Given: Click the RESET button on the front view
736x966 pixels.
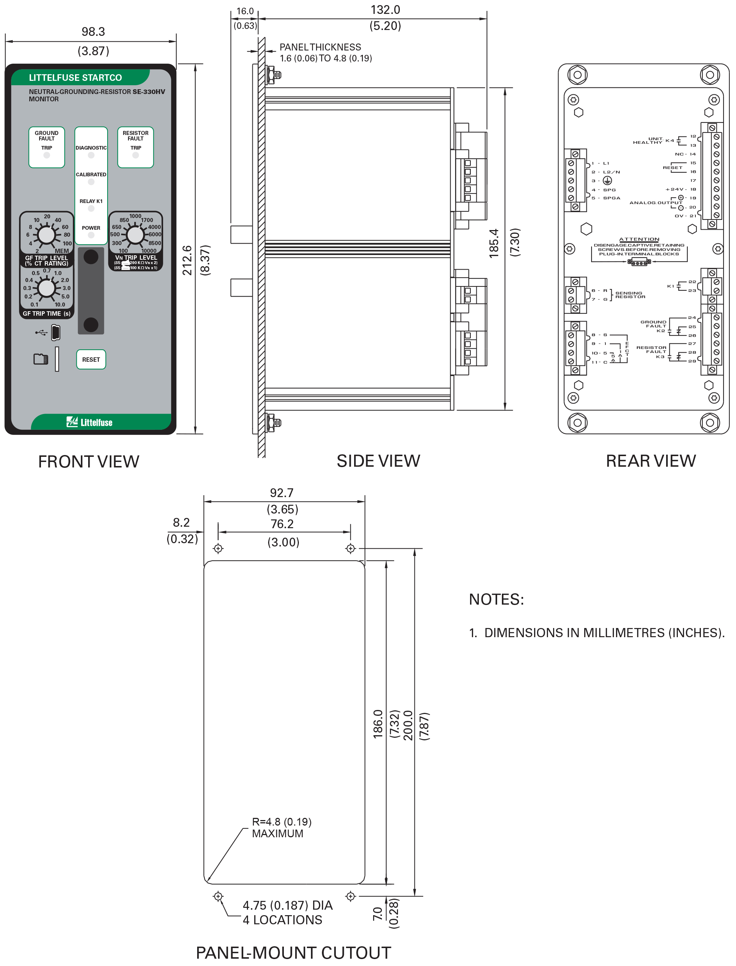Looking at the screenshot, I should tap(91, 359).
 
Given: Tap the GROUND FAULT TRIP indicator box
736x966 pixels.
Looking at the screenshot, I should tap(46, 147).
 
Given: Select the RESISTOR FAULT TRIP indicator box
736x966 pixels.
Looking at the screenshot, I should tap(135, 147).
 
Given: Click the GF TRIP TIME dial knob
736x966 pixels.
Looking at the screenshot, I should tap(46, 288).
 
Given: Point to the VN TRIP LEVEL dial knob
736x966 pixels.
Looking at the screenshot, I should tap(135, 235).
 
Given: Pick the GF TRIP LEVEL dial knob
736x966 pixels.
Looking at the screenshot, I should tap(46, 235).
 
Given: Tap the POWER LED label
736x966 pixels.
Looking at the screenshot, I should tap(91, 228).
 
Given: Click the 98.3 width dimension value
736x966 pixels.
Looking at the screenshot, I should tap(93, 31).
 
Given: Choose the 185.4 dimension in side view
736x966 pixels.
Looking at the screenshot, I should tap(494, 243).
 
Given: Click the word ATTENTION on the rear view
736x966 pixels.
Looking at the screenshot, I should tap(639, 239).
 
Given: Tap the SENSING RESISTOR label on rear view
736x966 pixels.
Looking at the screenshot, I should tap(630, 295).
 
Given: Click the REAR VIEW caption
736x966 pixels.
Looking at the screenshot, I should tap(650, 461).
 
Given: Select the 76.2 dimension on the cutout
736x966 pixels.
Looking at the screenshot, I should tap(282, 524).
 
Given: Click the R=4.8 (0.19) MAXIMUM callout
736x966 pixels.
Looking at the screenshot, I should tap(281, 828).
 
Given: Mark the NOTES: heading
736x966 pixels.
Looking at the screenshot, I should tap(496, 599).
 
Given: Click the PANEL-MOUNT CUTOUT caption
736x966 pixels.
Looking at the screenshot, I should tap(293, 953).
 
